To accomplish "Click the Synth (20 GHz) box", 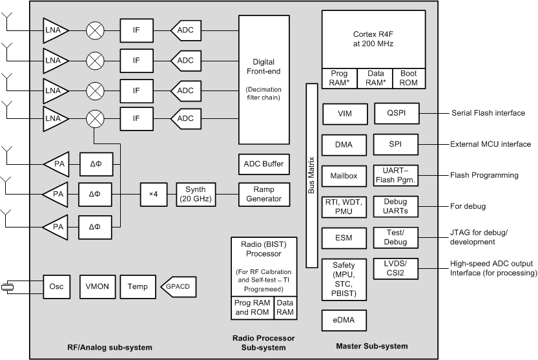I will point(196,193).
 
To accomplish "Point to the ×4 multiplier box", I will point(153,193).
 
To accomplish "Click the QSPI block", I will point(397,113).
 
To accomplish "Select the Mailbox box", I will point(344,175).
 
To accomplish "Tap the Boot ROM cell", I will point(409,78).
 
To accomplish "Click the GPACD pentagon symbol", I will point(178,286).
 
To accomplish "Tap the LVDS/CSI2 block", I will point(397,268).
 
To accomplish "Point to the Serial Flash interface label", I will point(488,113).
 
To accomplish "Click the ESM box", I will point(344,237).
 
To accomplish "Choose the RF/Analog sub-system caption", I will point(110,348).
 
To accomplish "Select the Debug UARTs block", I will point(397,206).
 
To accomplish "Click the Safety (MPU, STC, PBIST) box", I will point(344,279).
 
